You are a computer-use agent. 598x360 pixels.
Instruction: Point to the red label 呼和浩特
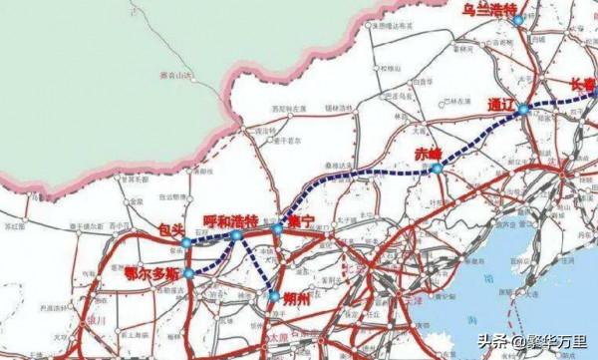coord(230,219)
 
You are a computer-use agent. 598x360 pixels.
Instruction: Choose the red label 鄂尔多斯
coord(151,271)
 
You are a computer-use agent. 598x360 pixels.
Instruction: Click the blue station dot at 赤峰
coord(438,170)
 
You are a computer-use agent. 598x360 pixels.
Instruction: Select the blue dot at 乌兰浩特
coord(517,20)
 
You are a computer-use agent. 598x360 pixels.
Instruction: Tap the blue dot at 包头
coord(186,242)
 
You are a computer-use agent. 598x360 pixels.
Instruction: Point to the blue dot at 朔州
coord(275,295)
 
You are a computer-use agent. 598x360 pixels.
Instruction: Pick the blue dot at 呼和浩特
coord(235,235)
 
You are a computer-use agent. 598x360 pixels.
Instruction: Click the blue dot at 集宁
coord(276,228)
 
